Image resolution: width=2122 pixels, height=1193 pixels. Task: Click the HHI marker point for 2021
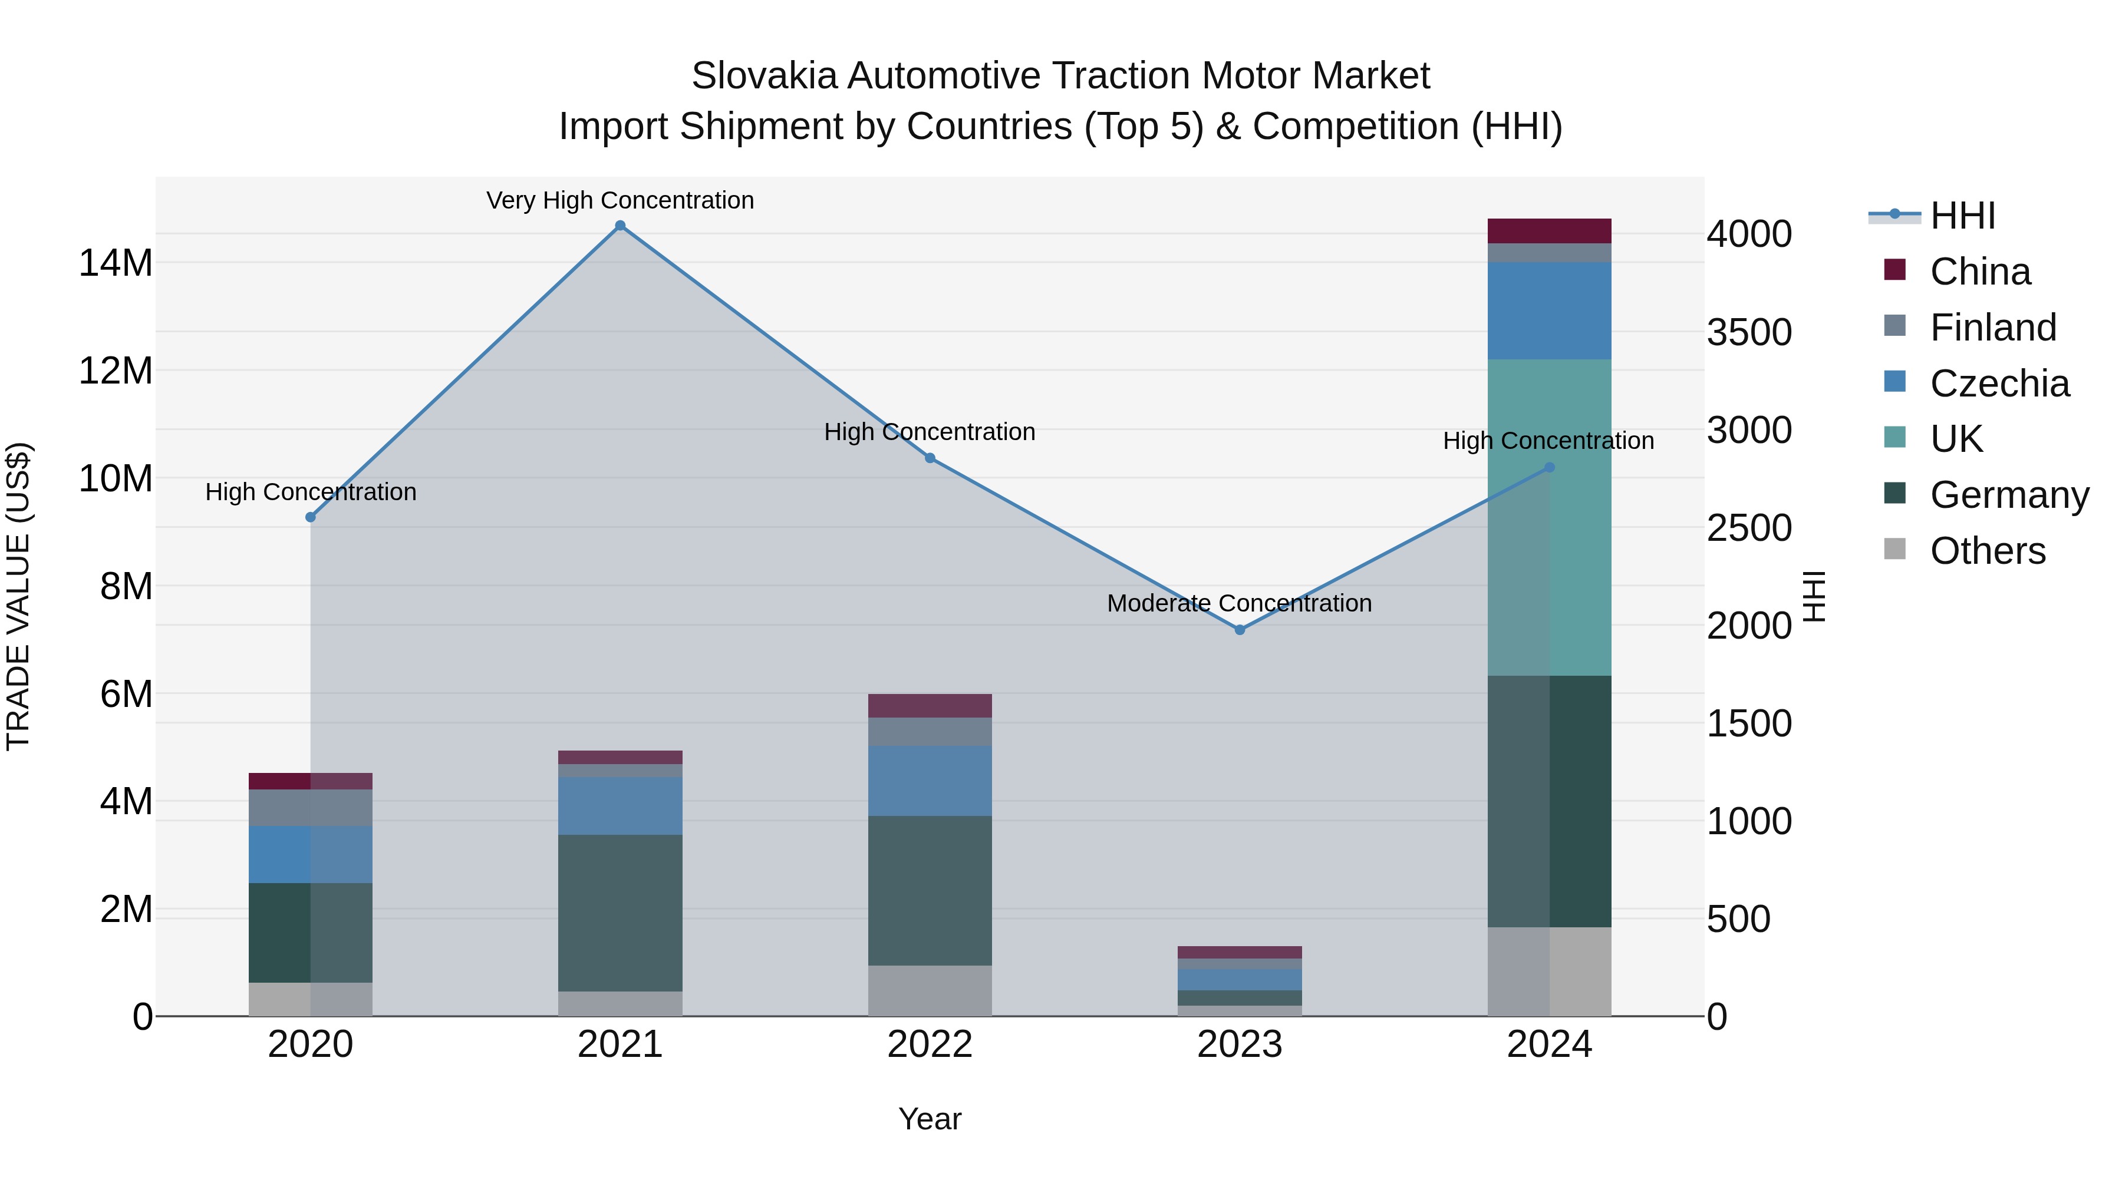[620, 226]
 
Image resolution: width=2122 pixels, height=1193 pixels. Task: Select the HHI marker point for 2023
[1240, 630]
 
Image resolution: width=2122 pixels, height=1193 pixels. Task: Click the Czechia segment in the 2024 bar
[1550, 310]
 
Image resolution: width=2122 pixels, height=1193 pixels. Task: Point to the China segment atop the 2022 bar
[930, 706]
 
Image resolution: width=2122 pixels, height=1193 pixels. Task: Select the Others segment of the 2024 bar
[1550, 971]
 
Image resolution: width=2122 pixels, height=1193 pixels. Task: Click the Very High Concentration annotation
[620, 200]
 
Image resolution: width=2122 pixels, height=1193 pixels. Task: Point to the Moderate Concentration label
[1239, 603]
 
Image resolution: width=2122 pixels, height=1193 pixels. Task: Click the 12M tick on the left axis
[116, 371]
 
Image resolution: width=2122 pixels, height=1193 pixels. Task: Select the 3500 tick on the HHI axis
[1748, 333]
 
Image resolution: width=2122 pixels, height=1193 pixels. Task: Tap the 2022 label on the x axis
[930, 1045]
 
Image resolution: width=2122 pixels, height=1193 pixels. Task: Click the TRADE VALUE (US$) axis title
[18, 596]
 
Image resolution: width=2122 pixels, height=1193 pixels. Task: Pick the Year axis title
[930, 1119]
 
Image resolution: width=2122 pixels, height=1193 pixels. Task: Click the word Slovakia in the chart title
[763, 76]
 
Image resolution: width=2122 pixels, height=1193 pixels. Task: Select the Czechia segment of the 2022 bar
[930, 781]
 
